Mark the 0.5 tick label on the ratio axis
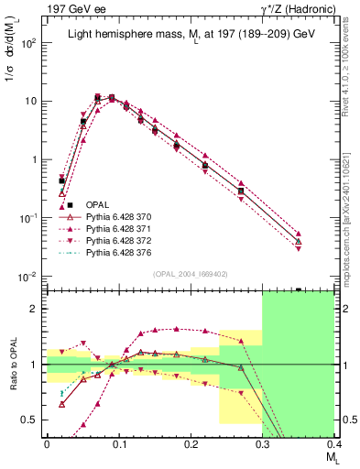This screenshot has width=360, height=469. (32, 420)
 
